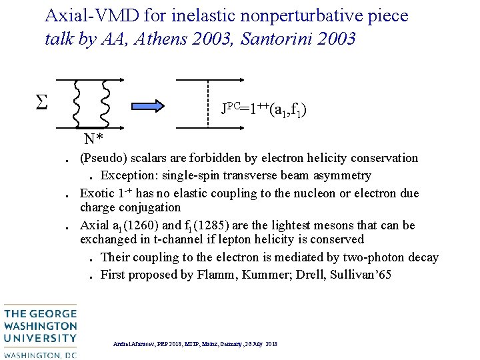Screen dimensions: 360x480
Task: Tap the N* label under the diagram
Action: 93,139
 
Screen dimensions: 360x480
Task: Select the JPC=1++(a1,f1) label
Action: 264,108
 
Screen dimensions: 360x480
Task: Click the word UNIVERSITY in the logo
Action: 40,338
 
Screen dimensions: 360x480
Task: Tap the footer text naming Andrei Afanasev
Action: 196,344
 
